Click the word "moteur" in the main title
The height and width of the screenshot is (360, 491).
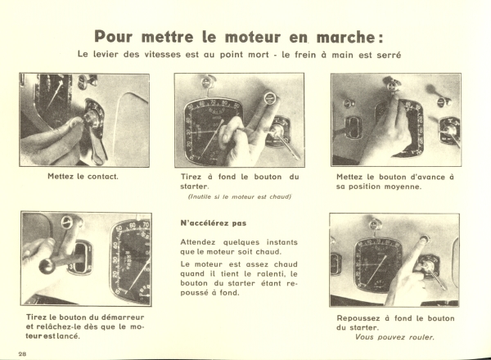click(x=253, y=37)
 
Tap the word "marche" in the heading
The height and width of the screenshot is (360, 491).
click(x=345, y=38)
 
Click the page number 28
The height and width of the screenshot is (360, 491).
click(x=23, y=354)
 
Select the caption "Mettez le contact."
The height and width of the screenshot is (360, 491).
click(x=83, y=177)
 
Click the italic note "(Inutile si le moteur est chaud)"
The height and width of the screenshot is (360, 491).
click(x=240, y=197)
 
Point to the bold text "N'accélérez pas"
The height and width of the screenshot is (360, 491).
click(x=214, y=223)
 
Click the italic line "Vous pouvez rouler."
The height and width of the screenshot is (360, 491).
click(x=394, y=337)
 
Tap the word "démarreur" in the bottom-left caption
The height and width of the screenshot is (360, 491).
click(x=123, y=317)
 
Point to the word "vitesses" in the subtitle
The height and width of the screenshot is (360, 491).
click(x=163, y=55)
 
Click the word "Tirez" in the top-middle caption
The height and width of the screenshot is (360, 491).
click(x=191, y=177)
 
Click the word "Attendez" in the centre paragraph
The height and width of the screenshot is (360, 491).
click(x=198, y=243)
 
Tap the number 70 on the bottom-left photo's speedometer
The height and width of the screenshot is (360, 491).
click(x=146, y=224)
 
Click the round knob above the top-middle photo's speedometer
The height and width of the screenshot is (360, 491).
click(x=207, y=82)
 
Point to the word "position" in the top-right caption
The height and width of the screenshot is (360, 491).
click(x=364, y=187)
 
